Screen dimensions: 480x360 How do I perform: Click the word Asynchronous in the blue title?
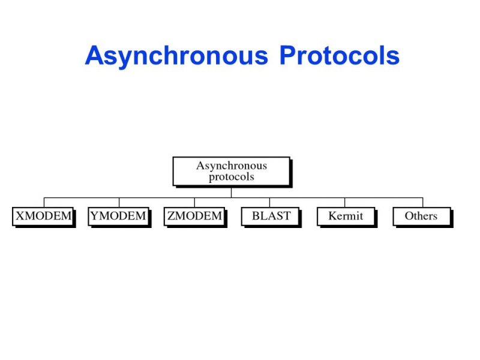coord(176,56)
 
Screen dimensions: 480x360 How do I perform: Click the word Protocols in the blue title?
coord(340,55)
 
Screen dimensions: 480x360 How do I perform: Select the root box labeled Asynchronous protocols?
coord(232,172)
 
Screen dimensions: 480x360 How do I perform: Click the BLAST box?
coord(271,217)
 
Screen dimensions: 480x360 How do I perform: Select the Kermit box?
coord(346,217)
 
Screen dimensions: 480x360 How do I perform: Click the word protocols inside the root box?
coord(232,177)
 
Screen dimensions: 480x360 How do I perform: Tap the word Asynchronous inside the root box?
coord(232,166)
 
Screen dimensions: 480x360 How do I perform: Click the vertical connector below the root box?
coord(231,192)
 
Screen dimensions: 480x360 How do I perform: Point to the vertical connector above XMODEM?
coord(44,202)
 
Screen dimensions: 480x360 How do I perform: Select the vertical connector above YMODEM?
coord(119,202)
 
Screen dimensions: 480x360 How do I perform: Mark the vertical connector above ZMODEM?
coord(194,202)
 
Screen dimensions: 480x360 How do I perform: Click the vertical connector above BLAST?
coord(269,202)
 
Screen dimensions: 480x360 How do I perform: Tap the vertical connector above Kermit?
coord(344,202)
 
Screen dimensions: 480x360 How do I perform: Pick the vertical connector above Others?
coord(423,202)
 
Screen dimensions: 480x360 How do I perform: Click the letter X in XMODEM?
coord(20,216)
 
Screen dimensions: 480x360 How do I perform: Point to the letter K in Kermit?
coord(333,216)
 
